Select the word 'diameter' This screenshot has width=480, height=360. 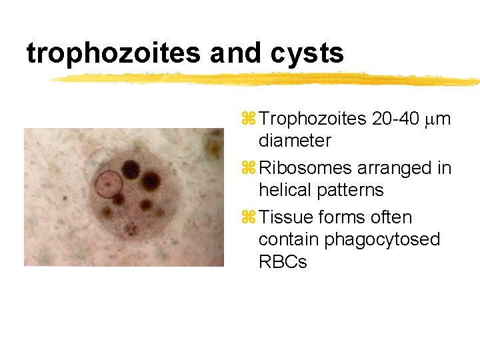(294, 141)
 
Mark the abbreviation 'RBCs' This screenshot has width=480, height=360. (283, 262)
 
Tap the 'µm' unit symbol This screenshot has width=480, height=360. (437, 120)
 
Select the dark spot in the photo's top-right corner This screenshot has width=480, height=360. (215, 140)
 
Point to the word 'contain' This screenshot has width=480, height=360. (289, 239)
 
